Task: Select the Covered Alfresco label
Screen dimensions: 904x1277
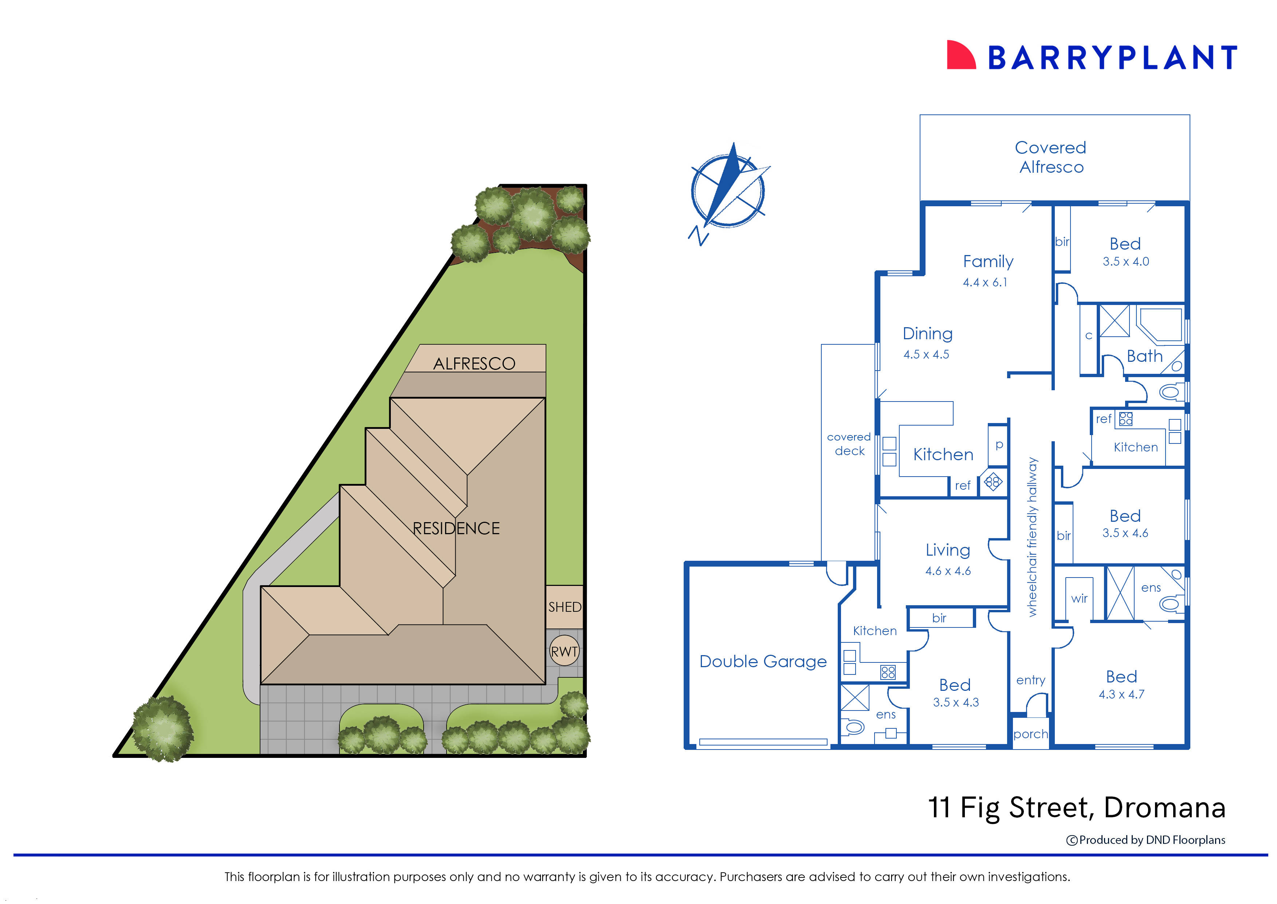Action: pos(1050,157)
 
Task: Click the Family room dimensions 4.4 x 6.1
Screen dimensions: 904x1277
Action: pos(985,283)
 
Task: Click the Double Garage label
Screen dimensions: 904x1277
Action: pos(763,661)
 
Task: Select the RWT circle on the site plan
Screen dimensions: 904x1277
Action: pos(564,651)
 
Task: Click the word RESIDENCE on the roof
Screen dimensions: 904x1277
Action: pos(456,528)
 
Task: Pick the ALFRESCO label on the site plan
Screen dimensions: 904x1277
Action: pos(474,364)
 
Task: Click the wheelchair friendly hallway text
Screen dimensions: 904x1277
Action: pos(1032,537)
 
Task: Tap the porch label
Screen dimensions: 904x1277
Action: pos(1030,734)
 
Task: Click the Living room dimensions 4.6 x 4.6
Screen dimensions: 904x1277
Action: pos(948,571)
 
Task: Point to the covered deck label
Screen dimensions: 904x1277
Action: pos(849,444)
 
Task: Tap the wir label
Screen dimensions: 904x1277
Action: pos(1079,598)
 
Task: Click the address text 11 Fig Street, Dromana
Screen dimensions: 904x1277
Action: pos(1077,808)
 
